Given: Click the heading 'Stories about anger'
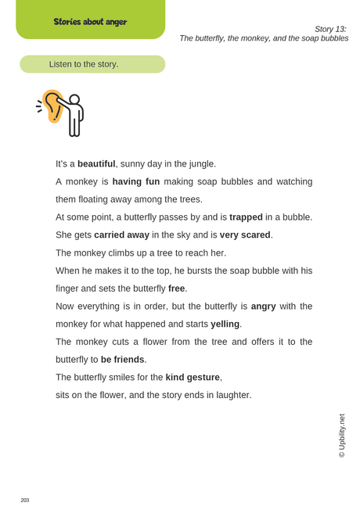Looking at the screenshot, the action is [x=90, y=21].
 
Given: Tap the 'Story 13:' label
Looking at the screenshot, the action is [x=330, y=28].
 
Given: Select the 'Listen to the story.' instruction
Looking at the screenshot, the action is [x=84, y=64].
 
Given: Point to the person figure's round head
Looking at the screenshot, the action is [x=74, y=100].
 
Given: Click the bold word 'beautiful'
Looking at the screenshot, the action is [x=96, y=164].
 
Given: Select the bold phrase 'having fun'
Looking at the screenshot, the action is [x=135, y=181].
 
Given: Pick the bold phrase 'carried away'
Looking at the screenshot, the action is [x=121, y=235].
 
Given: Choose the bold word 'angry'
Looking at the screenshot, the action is [x=263, y=306].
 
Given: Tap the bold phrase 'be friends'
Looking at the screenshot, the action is [x=122, y=360].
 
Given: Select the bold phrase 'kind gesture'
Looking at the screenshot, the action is [x=193, y=377].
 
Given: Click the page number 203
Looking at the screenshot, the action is [x=25, y=500].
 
